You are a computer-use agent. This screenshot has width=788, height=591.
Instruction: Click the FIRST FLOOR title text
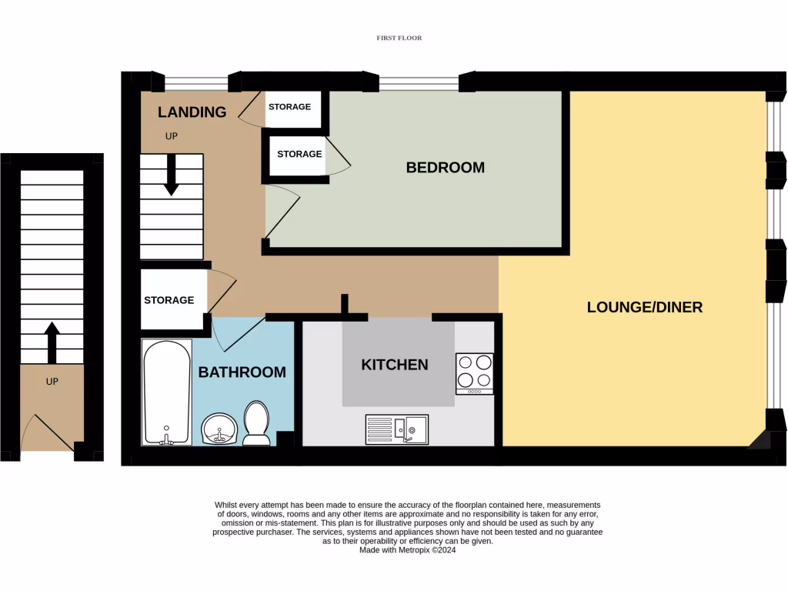pos(399,38)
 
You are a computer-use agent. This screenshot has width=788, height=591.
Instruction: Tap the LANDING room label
pos(192,112)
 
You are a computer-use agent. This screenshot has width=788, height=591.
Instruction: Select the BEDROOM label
pos(445,167)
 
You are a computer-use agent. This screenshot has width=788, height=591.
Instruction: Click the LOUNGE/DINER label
pos(644,307)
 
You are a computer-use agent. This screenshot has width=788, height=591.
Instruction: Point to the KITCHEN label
pos(395,365)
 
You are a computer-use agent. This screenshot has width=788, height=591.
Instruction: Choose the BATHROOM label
pos(242,372)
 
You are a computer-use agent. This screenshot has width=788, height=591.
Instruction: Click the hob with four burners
pos(474,373)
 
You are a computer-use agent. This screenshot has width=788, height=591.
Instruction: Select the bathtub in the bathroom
pos(166,392)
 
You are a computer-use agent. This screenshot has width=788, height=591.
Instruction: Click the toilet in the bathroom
pos(256,424)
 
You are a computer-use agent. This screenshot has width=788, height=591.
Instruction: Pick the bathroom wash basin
pos(219,428)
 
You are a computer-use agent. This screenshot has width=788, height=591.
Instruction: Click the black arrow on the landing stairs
pos(171,174)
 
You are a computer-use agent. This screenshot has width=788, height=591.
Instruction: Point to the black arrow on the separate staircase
pos(52,342)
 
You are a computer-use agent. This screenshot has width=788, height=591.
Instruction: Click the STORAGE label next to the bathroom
pos(169,300)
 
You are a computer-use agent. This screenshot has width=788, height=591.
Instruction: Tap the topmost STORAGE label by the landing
pos(289,107)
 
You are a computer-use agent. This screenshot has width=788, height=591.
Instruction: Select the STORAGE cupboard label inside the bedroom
pos(299,154)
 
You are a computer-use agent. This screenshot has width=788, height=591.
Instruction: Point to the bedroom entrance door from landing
pos(283,212)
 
